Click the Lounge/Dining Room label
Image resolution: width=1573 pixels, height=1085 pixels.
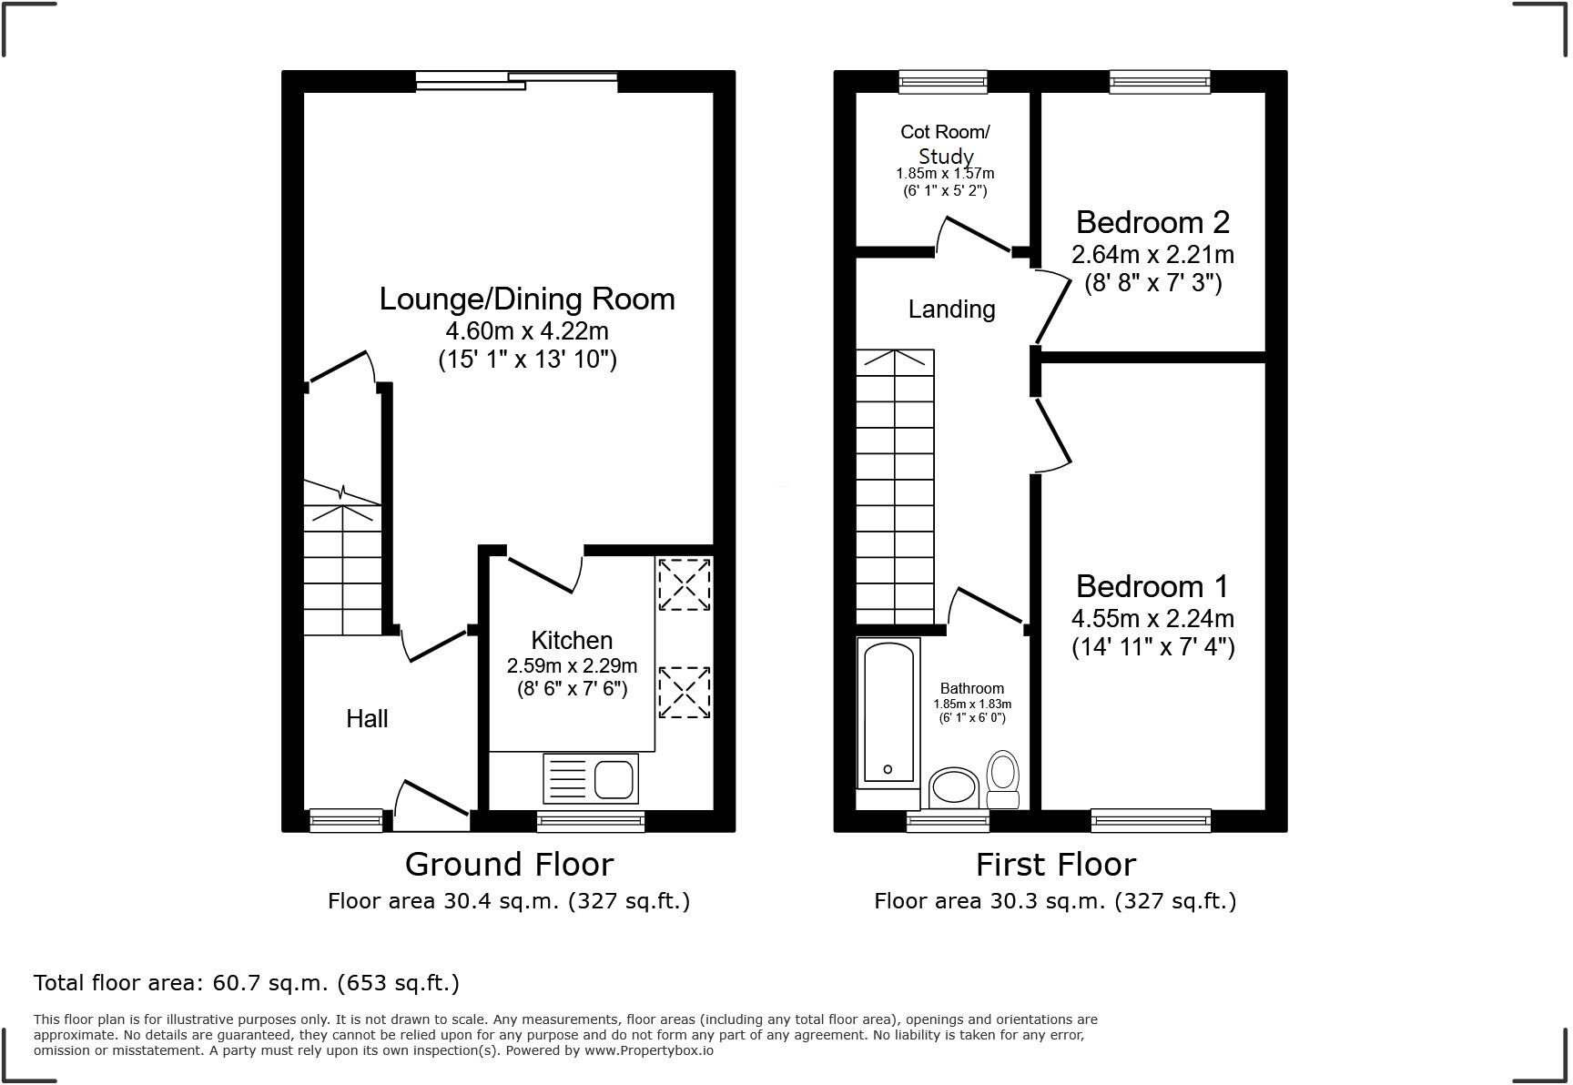point(527,299)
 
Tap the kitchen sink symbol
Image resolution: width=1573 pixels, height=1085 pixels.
point(591,778)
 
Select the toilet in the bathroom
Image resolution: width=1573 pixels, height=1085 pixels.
point(1003,778)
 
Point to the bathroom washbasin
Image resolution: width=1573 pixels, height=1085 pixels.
point(953,788)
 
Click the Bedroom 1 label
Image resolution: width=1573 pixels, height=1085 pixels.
point(1152,586)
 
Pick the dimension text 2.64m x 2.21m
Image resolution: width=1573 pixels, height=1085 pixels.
point(1152,254)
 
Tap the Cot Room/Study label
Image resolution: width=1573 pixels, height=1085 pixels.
point(945,144)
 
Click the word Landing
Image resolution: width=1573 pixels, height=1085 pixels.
point(951,309)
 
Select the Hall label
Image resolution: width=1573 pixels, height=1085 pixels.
point(367,719)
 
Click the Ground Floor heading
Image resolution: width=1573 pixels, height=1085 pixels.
point(509,864)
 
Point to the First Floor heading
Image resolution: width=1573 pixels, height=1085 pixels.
point(1055,864)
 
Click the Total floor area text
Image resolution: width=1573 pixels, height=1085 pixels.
point(246,983)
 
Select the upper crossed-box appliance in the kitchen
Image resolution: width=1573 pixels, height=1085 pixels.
point(684,584)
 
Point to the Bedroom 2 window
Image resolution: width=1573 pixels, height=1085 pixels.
point(1160,82)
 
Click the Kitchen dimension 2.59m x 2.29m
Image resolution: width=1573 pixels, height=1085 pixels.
point(572,665)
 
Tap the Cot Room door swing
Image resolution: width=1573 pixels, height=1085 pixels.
point(974,234)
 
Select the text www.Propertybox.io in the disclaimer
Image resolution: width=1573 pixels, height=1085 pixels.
point(648,1050)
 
